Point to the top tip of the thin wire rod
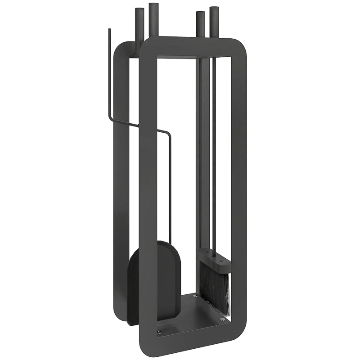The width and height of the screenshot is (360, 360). tap(109, 30)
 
